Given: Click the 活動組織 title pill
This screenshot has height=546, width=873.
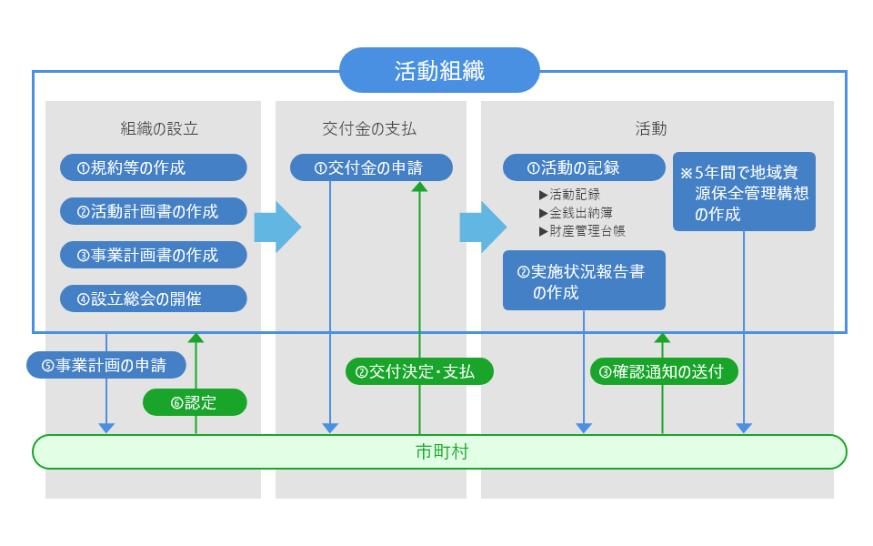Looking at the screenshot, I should pyautogui.click(x=439, y=70).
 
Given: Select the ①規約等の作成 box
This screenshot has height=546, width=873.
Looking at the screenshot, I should pyautogui.click(x=154, y=167).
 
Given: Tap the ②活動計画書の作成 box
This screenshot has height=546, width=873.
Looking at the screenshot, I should pyautogui.click(x=154, y=211).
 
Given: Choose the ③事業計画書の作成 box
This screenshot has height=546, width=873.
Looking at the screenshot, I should pyautogui.click(x=154, y=255).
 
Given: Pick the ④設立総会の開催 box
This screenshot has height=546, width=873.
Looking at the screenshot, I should pyautogui.click(x=154, y=298).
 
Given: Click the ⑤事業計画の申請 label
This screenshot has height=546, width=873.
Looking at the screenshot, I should pyautogui.click(x=105, y=365).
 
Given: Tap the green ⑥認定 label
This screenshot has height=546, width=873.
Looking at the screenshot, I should pyautogui.click(x=195, y=402).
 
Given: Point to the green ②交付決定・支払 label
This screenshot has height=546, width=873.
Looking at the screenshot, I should pyautogui.click(x=420, y=370).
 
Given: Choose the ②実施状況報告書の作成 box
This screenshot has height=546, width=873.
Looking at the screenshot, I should pyautogui.click(x=584, y=280).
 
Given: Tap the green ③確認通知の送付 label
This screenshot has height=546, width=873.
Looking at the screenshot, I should pyautogui.click(x=664, y=370).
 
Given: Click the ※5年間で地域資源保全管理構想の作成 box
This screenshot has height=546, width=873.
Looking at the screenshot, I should pyautogui.click(x=744, y=191).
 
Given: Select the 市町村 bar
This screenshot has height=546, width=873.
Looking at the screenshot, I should pyautogui.click(x=439, y=451).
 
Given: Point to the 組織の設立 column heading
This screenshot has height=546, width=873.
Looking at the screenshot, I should pyautogui.click(x=154, y=128).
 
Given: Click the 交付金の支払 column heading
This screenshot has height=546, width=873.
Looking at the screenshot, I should pyautogui.click(x=370, y=128).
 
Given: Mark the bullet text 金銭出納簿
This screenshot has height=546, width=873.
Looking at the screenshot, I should pyautogui.click(x=582, y=213).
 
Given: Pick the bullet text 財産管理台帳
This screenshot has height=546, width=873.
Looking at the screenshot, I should pyautogui.click(x=587, y=231).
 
